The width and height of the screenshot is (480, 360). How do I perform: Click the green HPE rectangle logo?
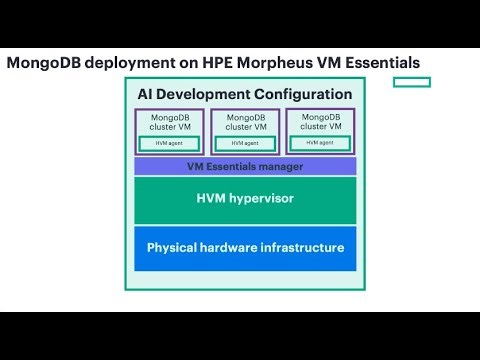(x=411, y=82)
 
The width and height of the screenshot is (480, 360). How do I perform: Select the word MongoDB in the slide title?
(x=40, y=63)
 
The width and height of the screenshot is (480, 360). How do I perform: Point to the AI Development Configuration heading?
(x=245, y=94)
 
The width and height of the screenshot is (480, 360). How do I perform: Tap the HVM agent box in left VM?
(x=169, y=143)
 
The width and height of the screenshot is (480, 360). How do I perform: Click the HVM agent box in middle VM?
(x=245, y=143)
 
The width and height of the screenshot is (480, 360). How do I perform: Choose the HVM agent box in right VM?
(x=320, y=143)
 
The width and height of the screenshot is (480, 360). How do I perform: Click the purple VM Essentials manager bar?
(x=245, y=166)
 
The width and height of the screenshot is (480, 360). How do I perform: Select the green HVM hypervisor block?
(x=245, y=200)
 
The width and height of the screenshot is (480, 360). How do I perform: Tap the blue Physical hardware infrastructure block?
(x=245, y=248)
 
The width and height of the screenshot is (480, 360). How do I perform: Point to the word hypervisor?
(x=263, y=199)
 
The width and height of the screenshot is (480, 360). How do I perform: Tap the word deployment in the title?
(x=120, y=63)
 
